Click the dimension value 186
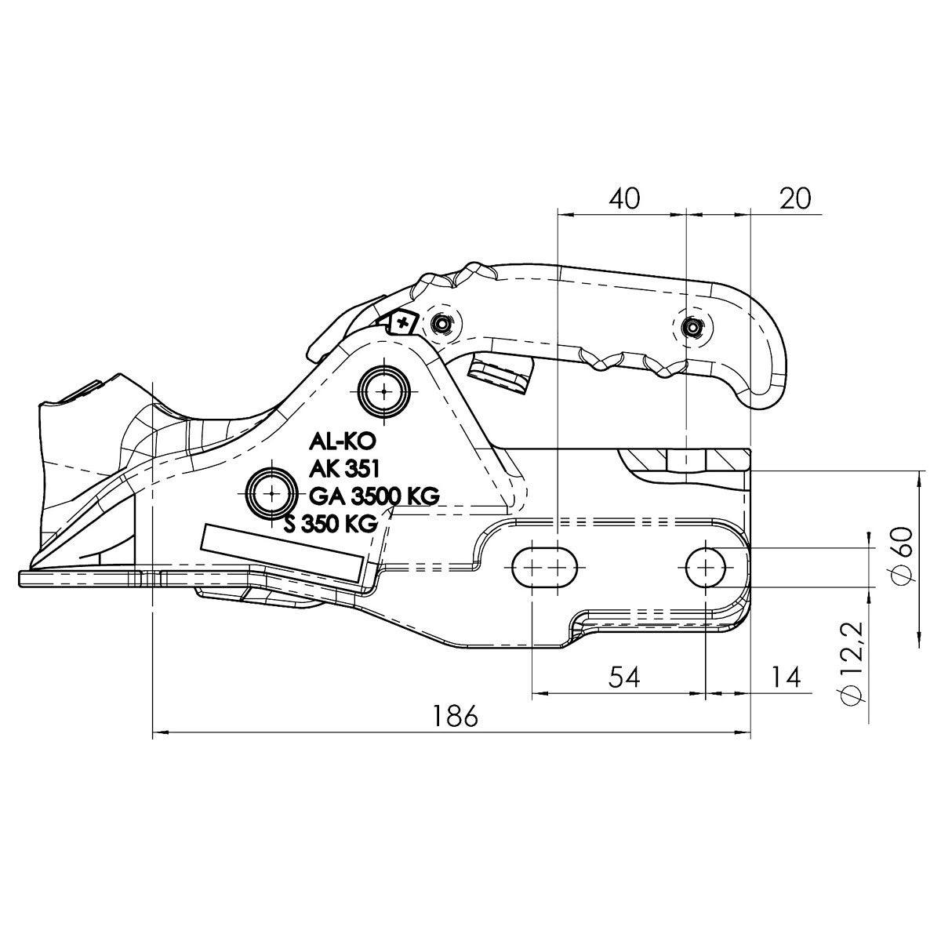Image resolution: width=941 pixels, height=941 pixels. (x=455, y=714)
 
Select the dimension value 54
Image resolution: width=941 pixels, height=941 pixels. (x=624, y=676)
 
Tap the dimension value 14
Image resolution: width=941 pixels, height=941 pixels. (x=787, y=676)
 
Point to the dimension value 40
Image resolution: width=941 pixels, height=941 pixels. (x=624, y=198)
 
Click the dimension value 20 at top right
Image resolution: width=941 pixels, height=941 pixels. (x=795, y=198)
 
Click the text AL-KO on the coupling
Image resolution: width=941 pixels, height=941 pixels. (x=336, y=443)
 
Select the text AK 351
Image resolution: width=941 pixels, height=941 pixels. (x=345, y=470)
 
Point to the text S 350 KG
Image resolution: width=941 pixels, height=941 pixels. (x=332, y=524)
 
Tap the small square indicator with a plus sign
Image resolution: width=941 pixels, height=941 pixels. (x=403, y=322)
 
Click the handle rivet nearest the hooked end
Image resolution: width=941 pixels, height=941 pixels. (x=691, y=326)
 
